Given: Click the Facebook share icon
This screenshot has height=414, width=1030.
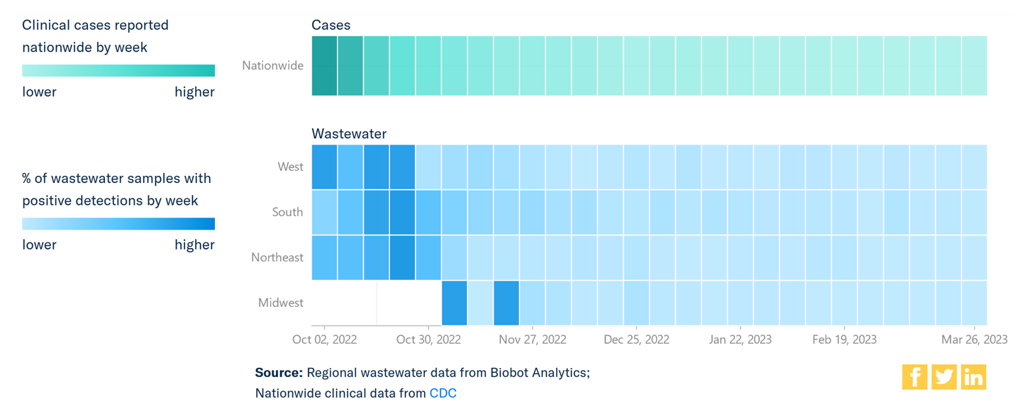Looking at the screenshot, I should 914,377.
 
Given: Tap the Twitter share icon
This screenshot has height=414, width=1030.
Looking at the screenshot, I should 944,377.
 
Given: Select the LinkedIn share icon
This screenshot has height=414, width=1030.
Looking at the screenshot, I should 974,377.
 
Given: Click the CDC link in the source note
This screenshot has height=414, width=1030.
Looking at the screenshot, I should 443,393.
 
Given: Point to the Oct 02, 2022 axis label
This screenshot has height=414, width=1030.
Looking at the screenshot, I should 324,340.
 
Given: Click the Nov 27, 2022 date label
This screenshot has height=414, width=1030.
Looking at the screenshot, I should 532,340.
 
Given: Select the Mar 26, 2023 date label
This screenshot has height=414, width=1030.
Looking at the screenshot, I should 974,340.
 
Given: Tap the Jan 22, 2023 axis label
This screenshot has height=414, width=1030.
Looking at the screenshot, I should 741,340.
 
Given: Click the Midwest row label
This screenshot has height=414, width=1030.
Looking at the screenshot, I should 280,303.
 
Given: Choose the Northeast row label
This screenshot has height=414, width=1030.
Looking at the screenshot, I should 277,257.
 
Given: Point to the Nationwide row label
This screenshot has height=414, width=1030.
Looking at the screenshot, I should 272,66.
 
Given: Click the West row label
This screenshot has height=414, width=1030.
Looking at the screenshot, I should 290,167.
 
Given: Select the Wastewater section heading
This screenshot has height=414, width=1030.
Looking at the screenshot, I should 349,133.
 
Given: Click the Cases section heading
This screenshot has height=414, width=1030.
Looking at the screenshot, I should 331,25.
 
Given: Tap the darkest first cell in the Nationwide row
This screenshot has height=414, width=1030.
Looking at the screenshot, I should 324,66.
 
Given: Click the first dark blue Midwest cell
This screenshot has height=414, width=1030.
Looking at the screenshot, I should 454,303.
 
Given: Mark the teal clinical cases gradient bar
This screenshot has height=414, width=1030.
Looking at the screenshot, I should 118,71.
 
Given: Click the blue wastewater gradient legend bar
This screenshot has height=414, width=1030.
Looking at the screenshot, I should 118,224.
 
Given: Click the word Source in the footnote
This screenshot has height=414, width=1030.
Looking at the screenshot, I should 279,373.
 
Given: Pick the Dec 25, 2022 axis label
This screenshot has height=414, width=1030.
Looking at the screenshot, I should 636,340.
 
